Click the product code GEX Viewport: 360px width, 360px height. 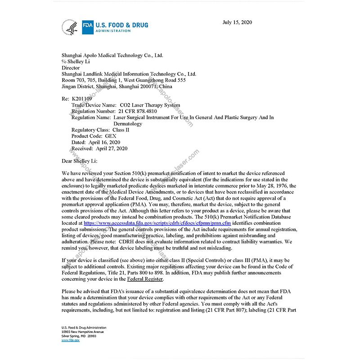click(x=111, y=135)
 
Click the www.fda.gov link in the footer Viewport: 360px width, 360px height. click(x=70, y=340)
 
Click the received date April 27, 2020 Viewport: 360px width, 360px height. click(x=111, y=148)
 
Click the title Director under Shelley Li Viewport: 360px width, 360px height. click(x=71, y=67)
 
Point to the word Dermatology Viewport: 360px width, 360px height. click(x=128, y=123)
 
